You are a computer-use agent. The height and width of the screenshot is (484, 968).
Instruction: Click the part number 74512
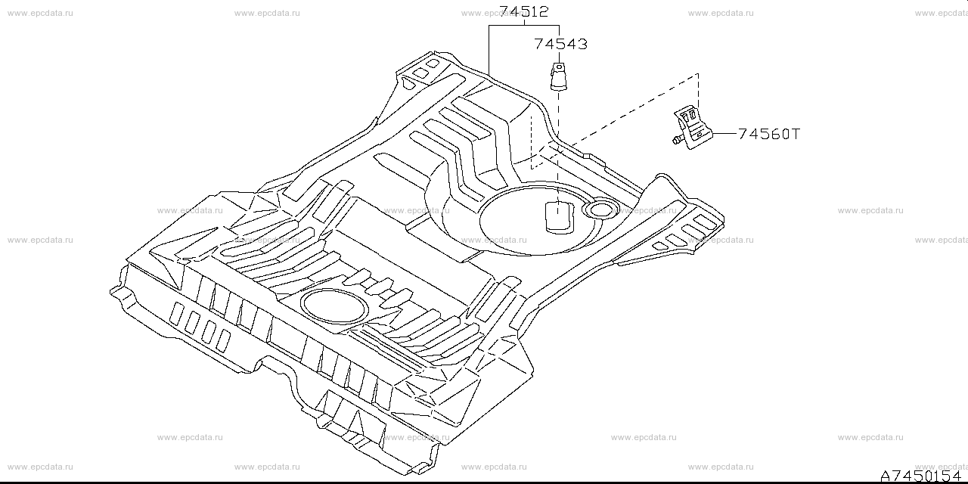(x=523, y=11)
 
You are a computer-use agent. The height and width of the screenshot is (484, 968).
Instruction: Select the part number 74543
(x=560, y=44)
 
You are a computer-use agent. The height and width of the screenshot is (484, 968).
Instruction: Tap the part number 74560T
(x=768, y=134)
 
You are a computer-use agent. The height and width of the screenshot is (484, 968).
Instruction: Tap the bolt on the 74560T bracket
(x=675, y=138)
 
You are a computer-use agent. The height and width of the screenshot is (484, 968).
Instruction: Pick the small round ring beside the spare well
(x=600, y=209)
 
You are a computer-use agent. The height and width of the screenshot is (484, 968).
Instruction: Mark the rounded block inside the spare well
(x=558, y=216)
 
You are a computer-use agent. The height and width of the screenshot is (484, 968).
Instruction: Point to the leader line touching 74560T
(x=724, y=134)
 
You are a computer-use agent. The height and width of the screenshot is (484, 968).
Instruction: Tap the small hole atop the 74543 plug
(x=558, y=67)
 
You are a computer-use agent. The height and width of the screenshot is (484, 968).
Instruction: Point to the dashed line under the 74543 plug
(x=558, y=144)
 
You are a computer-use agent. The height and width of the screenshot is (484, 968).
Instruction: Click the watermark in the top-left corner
(x=40, y=13)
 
